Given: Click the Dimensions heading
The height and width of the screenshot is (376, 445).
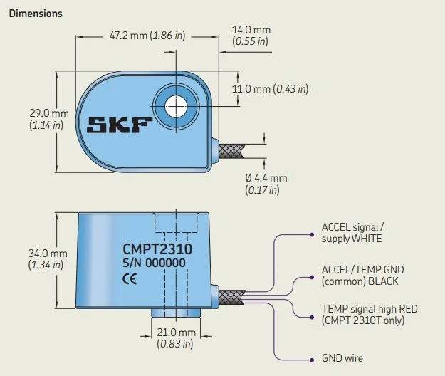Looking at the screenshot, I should pyautogui.click(x=36, y=14).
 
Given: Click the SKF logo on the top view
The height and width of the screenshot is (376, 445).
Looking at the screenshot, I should pyautogui.click(x=120, y=127).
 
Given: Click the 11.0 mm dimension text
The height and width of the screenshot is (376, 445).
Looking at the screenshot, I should pyautogui.click(x=271, y=89).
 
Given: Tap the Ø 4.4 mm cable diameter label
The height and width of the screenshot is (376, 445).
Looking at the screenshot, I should pyautogui.click(x=266, y=184).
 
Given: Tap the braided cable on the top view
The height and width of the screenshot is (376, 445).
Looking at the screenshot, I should pyautogui.click(x=231, y=150).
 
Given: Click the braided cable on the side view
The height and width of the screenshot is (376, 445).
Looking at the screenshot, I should pyautogui.click(x=232, y=298).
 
